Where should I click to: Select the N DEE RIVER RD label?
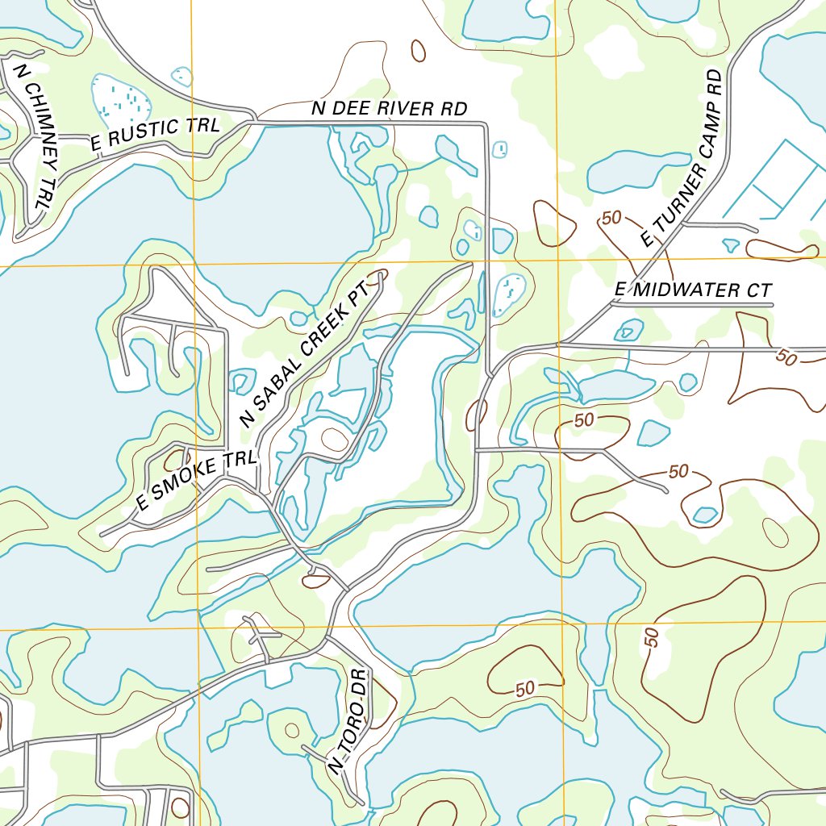[390, 109]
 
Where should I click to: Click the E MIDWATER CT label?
[693, 290]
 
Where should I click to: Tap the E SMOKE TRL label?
[196, 481]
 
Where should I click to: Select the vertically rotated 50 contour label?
[653, 637]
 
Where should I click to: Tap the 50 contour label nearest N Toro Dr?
[525, 688]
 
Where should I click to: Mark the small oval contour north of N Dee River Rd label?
[418, 51]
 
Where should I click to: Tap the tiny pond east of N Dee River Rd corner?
[500, 149]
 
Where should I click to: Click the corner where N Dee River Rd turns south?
[485, 124]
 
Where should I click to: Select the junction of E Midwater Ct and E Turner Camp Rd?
[611, 305]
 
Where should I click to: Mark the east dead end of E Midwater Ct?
[772, 305]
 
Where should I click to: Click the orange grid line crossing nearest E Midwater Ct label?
[559, 262]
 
